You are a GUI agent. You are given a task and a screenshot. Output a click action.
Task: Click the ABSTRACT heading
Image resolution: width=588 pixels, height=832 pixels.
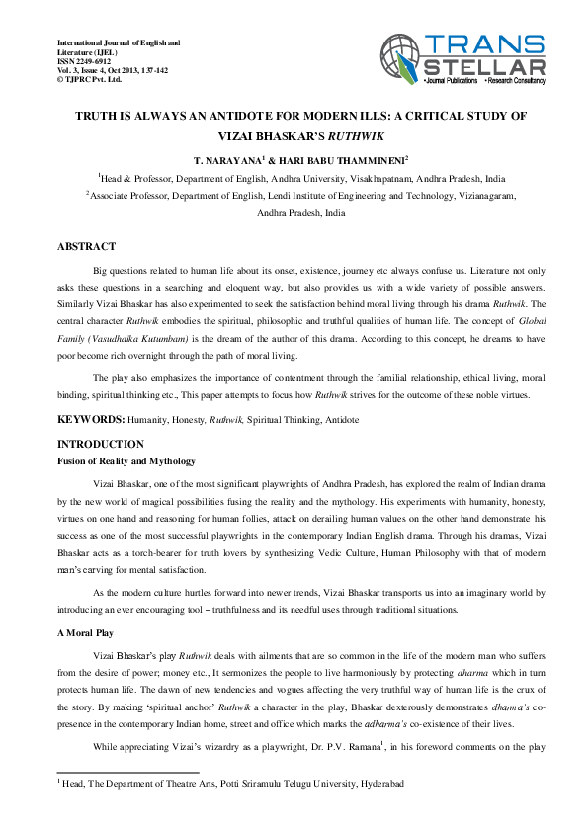(87, 246)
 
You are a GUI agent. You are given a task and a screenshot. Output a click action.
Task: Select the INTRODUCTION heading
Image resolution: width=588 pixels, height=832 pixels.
(101, 444)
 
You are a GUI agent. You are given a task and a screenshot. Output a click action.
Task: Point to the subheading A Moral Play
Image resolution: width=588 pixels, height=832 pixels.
(91, 630)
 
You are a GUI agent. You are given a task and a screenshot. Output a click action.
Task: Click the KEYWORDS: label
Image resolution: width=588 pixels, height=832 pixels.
(93, 420)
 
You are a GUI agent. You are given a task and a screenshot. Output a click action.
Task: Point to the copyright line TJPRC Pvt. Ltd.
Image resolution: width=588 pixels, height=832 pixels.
(93, 78)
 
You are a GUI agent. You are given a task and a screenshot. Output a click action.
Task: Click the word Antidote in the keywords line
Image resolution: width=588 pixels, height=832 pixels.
(339, 421)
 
